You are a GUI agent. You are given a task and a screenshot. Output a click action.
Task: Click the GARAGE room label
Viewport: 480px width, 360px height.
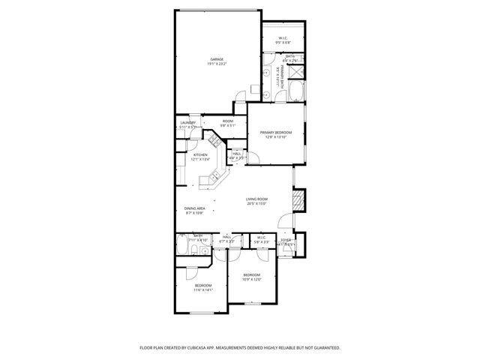[217, 60]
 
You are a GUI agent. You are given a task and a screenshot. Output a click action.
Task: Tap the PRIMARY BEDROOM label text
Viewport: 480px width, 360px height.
[277, 133]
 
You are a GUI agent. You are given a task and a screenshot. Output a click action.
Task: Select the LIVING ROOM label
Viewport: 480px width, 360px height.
[257, 199]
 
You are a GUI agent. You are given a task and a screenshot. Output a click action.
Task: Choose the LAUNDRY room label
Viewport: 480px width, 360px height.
[187, 122]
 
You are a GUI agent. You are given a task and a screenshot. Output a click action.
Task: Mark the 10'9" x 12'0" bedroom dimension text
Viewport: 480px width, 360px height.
[251, 280]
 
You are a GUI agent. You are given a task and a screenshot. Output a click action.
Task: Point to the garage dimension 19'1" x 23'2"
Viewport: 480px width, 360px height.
[217, 65]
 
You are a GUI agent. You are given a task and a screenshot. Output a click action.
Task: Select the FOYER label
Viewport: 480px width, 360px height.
[286, 241]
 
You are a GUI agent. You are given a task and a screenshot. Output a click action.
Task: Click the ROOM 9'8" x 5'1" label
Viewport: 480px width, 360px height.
[227, 123]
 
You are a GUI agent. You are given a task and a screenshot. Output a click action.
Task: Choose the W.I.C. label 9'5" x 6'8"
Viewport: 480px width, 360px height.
[283, 40]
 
